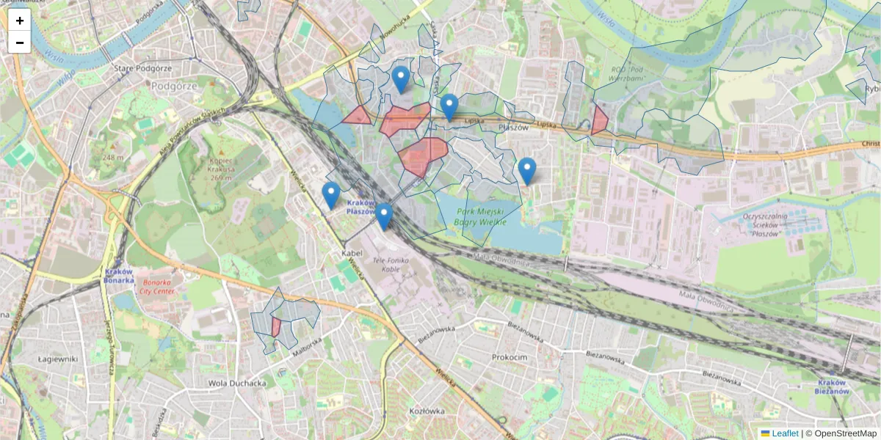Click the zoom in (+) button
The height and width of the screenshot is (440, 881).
20,21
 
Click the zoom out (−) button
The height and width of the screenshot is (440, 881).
20,43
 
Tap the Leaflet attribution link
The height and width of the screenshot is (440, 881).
785,433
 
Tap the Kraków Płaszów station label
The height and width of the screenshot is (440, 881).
360,207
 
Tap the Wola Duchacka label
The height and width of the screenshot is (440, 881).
236,383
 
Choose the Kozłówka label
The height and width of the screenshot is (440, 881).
428,411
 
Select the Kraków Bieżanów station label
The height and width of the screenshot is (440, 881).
833,387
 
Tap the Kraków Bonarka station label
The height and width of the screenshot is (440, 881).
118,275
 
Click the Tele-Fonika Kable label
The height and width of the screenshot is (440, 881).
395,265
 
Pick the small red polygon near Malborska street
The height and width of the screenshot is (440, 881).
275,327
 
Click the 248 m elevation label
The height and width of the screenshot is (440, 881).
112,158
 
